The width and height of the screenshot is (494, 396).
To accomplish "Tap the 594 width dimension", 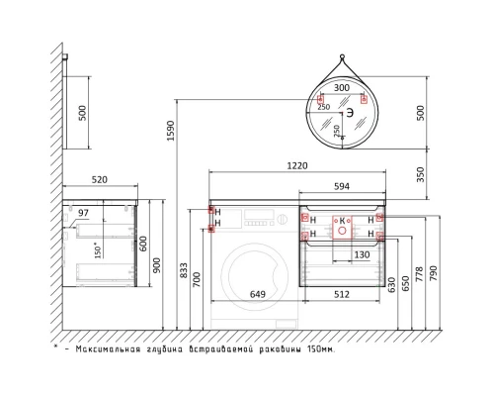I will (342, 187).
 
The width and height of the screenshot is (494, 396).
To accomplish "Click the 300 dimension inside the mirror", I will (342, 88).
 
